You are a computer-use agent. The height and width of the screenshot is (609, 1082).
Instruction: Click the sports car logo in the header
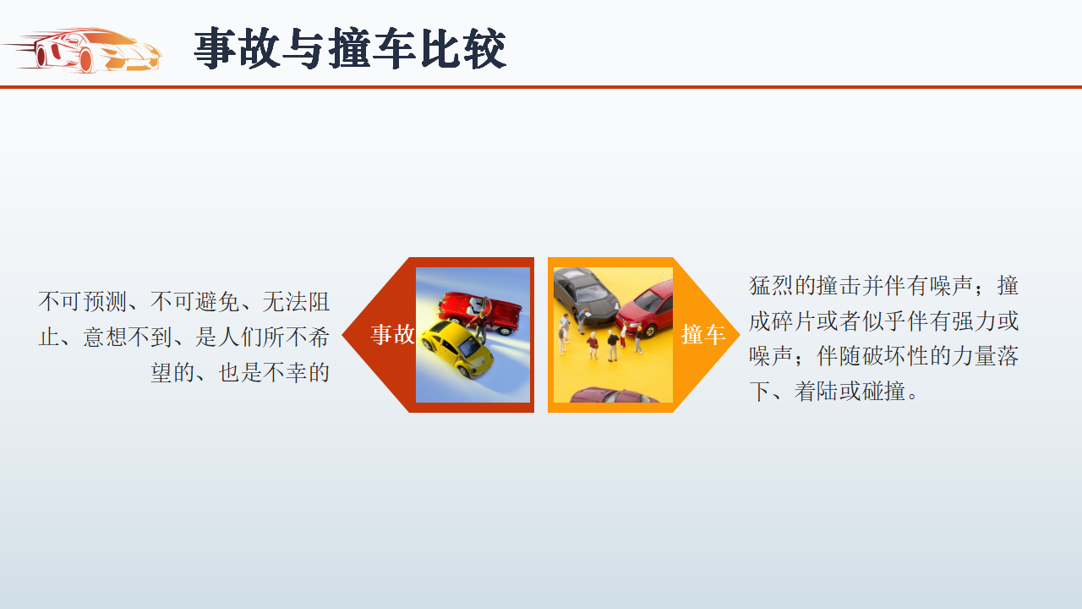(82, 50)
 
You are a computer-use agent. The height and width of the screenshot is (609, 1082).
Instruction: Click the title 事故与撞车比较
(350, 48)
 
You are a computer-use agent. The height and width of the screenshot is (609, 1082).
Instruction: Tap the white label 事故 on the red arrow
(392, 334)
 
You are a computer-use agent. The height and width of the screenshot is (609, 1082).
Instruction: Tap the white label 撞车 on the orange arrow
(702, 334)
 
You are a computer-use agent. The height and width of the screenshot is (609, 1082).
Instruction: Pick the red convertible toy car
(480, 312)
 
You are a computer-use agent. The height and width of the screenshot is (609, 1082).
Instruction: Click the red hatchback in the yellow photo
(645, 310)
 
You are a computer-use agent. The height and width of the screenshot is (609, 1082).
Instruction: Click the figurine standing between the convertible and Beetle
(480, 326)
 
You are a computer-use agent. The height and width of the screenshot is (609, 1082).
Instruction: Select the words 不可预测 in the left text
(83, 302)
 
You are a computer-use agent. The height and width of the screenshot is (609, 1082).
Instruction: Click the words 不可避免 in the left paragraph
(194, 302)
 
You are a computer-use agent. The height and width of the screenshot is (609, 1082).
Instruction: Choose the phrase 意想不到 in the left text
(128, 337)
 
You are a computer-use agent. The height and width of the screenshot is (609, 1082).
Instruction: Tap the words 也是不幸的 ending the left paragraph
(274, 373)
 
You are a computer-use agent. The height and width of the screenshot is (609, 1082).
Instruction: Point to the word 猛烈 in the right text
(772, 285)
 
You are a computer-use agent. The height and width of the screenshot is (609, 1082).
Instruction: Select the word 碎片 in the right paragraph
(794, 321)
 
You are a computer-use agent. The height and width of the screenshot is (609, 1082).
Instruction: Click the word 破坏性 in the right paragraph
(894, 356)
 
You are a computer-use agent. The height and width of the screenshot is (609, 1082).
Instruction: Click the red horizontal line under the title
(541, 87)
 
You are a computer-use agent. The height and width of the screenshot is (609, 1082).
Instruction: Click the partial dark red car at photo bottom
(615, 395)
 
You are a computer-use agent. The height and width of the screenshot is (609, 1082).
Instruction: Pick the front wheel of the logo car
(85, 60)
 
